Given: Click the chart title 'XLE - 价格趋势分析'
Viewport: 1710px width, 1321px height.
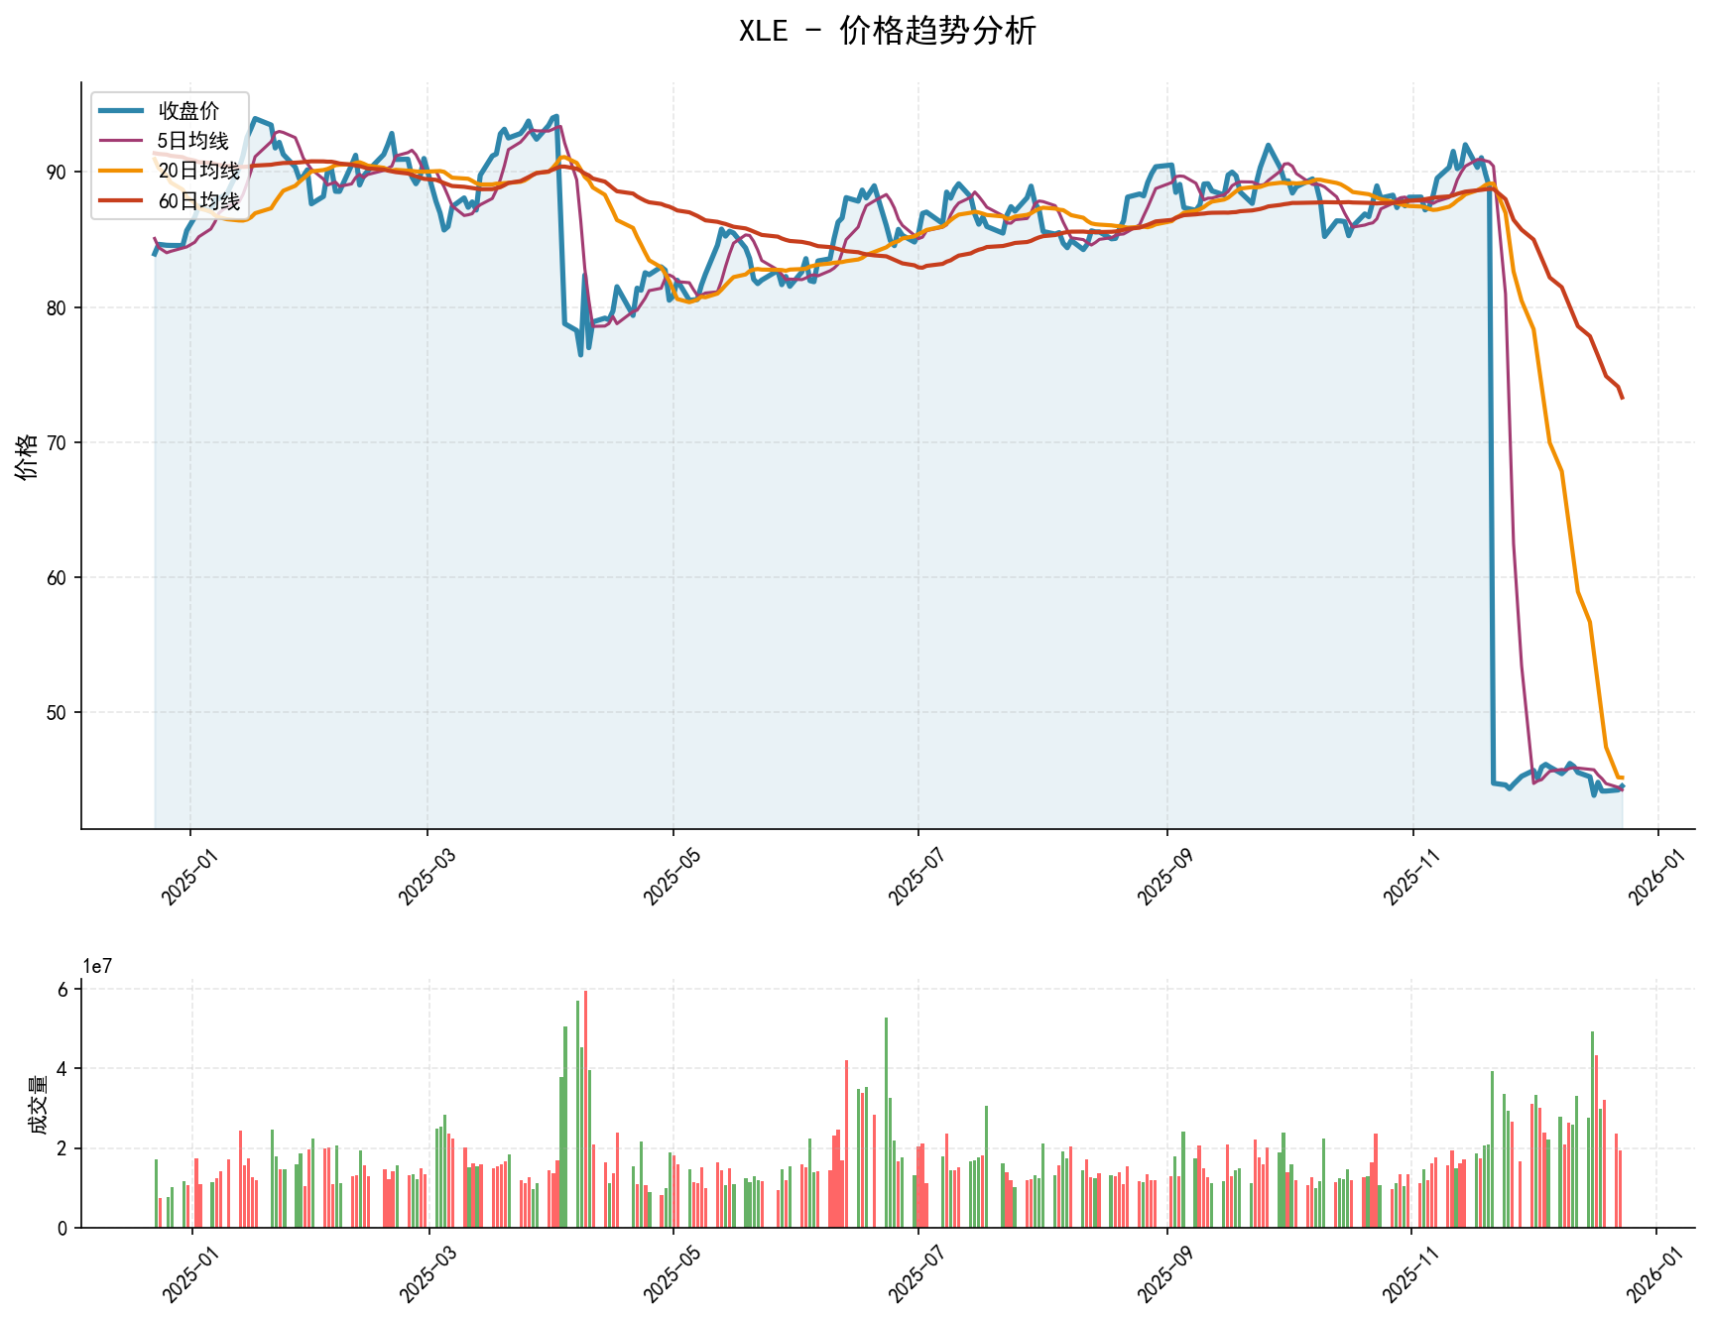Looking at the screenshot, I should [x=887, y=32].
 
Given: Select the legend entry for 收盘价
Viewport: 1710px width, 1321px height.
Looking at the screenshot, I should [x=188, y=111].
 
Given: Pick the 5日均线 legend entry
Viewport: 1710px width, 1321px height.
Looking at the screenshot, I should [x=192, y=141].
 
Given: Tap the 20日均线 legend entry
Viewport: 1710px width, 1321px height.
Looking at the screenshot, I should [x=198, y=172].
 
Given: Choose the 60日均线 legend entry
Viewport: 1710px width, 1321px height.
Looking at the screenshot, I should [x=198, y=201].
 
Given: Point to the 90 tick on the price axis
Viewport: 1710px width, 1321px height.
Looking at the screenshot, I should [x=60, y=173].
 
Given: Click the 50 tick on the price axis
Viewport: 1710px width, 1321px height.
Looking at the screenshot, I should [x=60, y=712].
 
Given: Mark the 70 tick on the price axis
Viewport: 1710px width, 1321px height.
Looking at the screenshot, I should [x=60, y=442].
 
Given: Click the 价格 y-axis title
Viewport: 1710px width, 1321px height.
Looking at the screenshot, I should [x=28, y=456].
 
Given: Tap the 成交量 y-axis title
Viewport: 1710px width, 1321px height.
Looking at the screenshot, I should [x=38, y=1104].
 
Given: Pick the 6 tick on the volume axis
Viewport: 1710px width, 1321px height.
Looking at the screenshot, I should [x=62, y=990].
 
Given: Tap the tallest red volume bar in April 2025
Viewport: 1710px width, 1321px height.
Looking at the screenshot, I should [x=585, y=1109].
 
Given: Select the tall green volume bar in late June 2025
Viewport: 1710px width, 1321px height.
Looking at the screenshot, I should [x=886, y=1123].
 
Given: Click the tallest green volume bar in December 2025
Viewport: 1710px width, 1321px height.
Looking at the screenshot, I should [x=1592, y=1130].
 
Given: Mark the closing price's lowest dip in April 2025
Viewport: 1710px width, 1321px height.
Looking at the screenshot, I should [x=580, y=354].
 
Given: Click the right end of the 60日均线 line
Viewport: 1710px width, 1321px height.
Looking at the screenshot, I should [x=1622, y=398].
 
